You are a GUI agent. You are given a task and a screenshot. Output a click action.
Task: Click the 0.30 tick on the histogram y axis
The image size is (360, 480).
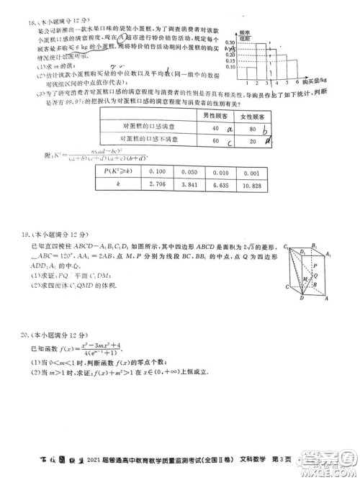[230, 43]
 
